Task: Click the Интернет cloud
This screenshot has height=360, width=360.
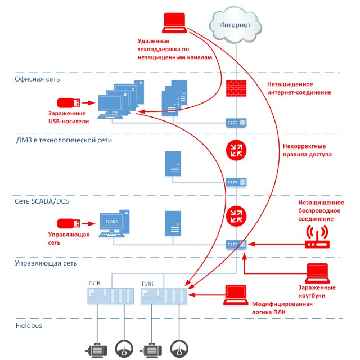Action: pyautogui.click(x=236, y=25)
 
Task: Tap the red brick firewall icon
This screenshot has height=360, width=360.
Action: pyautogui.click(x=236, y=88)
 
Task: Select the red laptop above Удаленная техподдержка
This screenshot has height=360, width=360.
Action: pyautogui.click(x=174, y=23)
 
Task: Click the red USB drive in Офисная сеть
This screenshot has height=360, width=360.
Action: pyautogui.click(x=69, y=102)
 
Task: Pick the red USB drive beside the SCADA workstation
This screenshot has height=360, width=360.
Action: pyautogui.click(x=69, y=223)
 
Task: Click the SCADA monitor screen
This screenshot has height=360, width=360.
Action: pyautogui.click(x=111, y=221)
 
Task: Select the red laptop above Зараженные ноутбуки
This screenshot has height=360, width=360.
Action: pyautogui.click(x=317, y=273)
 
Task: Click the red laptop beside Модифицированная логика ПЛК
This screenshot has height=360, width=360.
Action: pyautogui.click(x=236, y=295)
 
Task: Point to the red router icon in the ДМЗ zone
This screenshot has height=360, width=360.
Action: pyautogui.click(x=236, y=150)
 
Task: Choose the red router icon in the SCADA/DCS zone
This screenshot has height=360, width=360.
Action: pyautogui.click(x=236, y=216)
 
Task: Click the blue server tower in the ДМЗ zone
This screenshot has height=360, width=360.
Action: pyautogui.click(x=173, y=164)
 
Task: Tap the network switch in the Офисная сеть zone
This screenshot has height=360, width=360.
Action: pyautogui.click(x=236, y=123)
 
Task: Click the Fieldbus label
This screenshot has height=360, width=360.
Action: pyautogui.click(x=29, y=326)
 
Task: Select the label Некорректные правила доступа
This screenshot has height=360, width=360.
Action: pyautogui.click(x=307, y=150)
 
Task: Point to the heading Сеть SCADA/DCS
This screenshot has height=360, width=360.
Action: pyautogui.click(x=42, y=201)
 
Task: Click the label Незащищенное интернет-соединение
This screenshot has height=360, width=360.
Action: pyautogui.click(x=299, y=88)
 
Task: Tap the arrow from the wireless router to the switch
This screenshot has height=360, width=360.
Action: pyautogui.click(x=276, y=244)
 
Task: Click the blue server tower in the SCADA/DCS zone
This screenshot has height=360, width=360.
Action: pyautogui.click(x=173, y=223)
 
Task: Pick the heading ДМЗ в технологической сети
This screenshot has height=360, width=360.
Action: pyautogui.click(x=64, y=140)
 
